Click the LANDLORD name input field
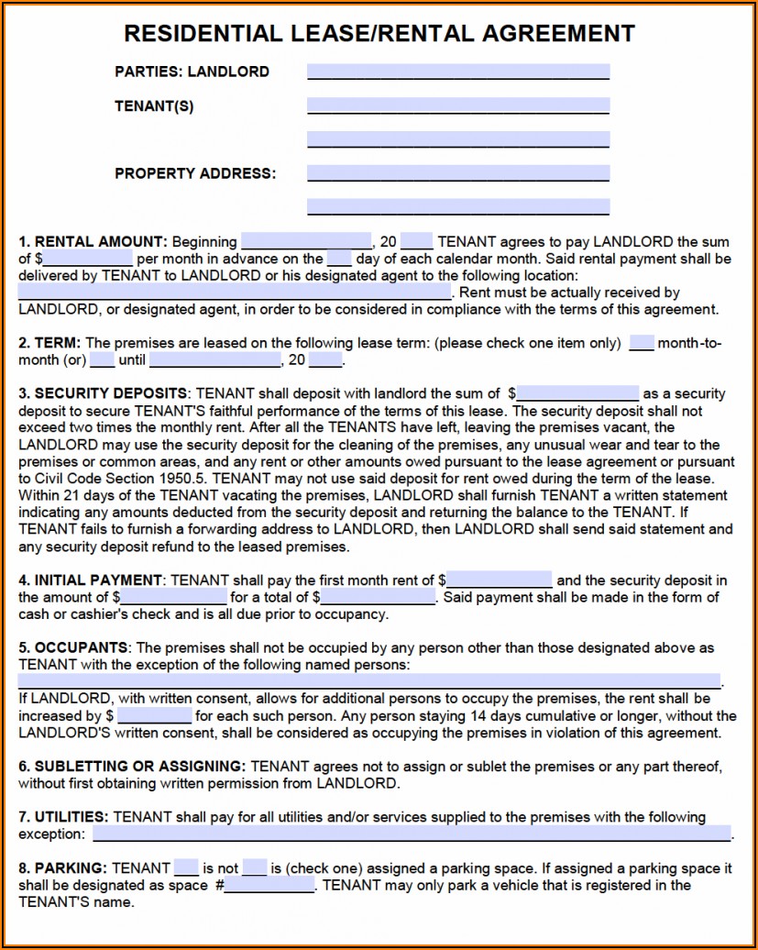457,72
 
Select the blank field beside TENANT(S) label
457,105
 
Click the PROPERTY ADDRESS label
194,173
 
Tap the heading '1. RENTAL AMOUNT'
93,242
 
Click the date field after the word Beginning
305,242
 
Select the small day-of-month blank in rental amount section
339,259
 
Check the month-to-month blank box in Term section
642,344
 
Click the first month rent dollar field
500,580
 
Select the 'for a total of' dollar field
378,598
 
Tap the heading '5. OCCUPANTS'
74,648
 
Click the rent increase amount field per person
154,716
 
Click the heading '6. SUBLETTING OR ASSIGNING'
132,767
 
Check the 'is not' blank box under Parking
255,867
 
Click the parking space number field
269,886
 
